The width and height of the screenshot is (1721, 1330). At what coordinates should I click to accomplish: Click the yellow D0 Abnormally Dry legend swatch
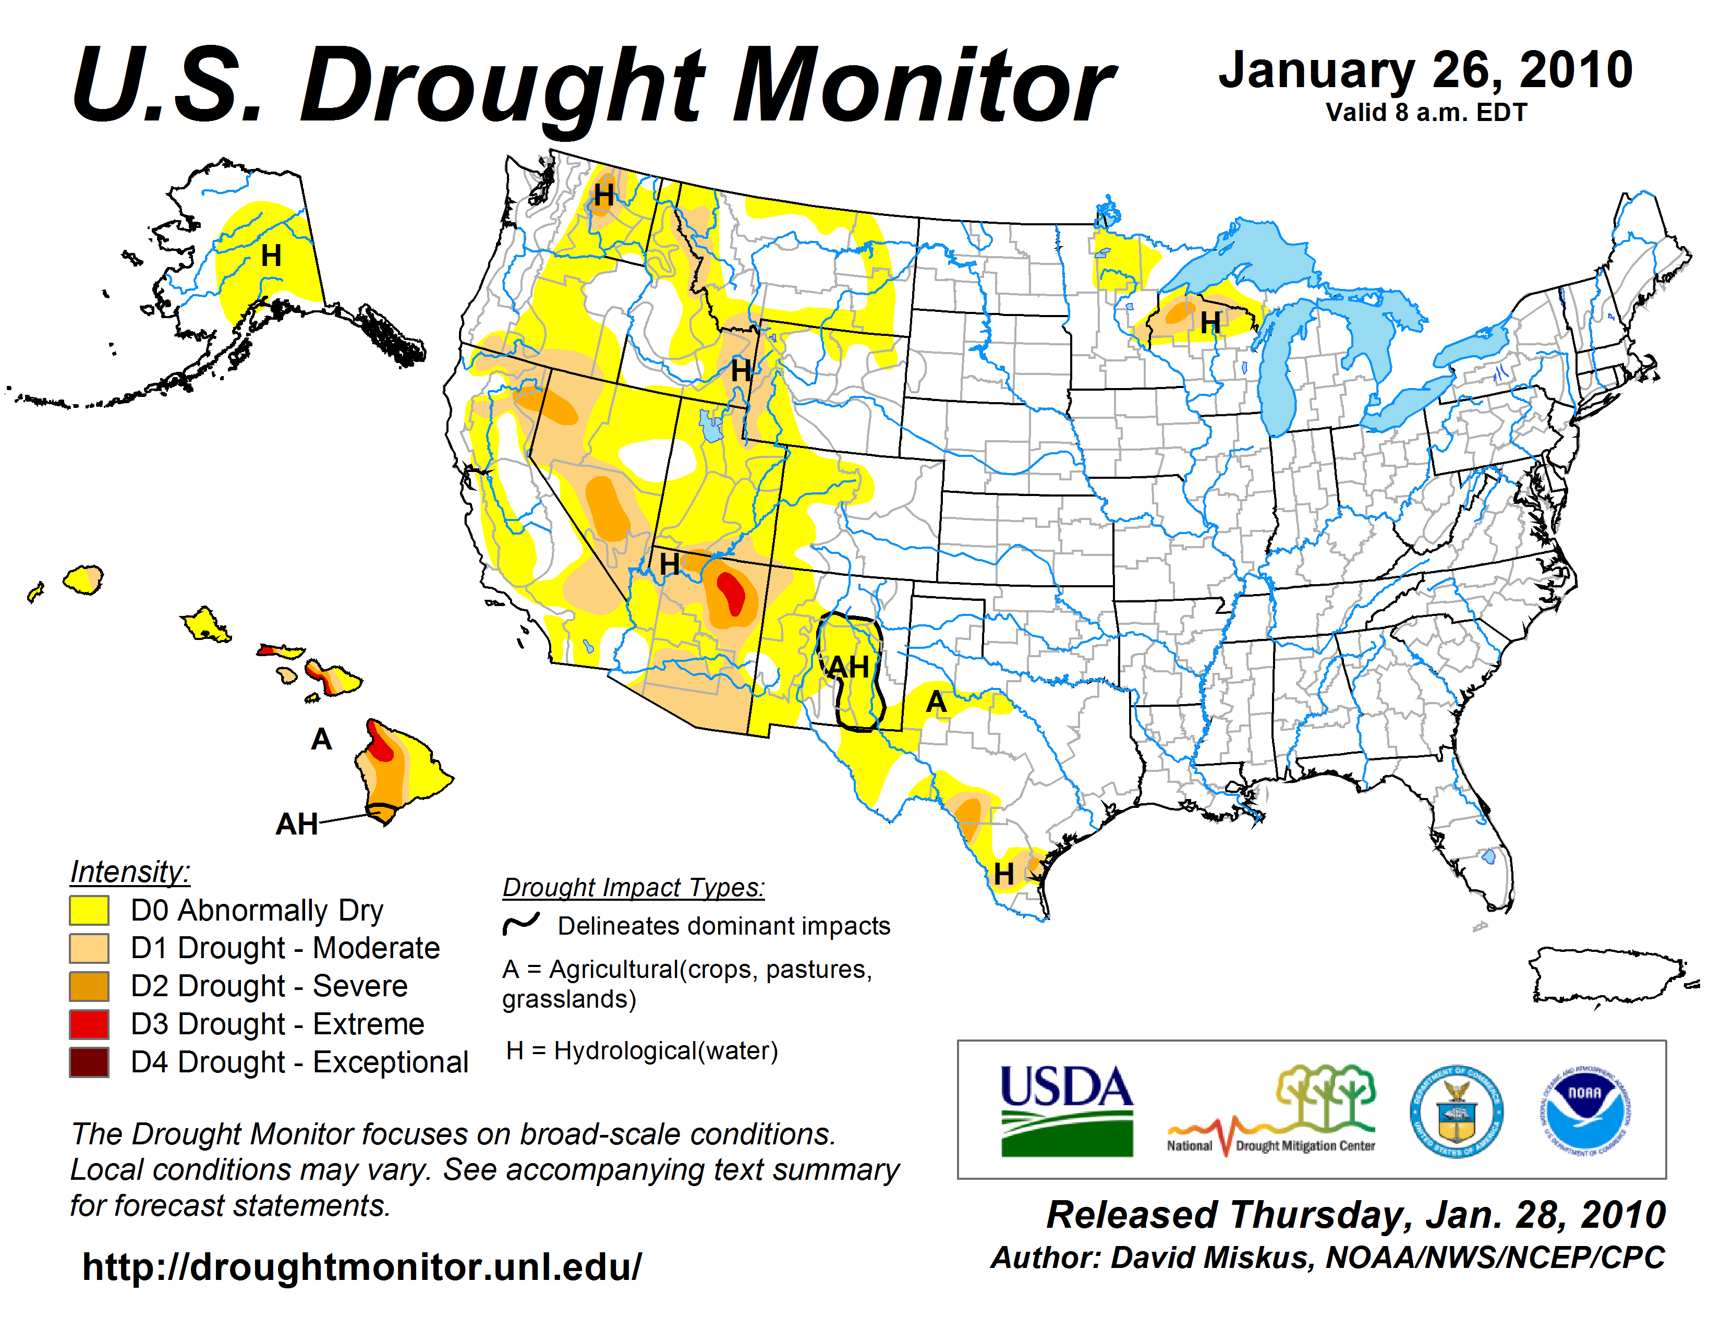89,910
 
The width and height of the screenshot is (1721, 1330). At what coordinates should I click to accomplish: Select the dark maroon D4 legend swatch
89,1062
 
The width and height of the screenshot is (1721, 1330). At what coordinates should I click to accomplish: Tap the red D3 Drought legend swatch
89,1024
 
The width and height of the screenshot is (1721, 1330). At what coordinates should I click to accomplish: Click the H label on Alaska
271,255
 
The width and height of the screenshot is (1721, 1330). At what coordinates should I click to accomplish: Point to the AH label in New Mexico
849,668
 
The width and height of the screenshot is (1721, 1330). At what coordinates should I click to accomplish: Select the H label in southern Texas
1003,873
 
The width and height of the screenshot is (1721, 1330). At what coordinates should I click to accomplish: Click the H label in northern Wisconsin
1209,322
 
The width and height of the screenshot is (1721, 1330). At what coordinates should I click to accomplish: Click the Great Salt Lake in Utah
711,426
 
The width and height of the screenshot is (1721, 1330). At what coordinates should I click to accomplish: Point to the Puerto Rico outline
1607,975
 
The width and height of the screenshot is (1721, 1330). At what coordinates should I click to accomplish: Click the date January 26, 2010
1425,71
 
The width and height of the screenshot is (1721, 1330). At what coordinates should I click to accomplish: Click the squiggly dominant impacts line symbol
521,923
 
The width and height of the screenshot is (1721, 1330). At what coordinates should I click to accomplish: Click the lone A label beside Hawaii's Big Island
321,739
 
